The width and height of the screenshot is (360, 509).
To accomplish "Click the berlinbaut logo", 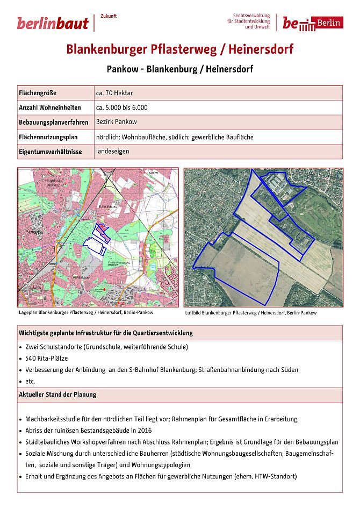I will [52, 23].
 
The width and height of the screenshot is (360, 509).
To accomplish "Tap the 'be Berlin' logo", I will [313, 23].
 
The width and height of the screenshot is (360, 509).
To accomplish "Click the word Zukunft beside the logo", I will [109, 16].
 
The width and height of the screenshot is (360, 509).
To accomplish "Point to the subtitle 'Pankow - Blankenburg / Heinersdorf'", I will [180, 69].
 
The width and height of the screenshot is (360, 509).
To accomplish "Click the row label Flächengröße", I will [38, 93].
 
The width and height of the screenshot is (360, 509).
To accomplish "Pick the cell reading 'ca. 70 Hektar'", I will [114, 93].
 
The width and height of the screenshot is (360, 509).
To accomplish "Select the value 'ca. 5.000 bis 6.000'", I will [121, 107].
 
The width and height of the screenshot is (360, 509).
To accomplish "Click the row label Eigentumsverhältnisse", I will [51, 152].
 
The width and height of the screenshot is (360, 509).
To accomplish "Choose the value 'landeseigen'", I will [111, 151].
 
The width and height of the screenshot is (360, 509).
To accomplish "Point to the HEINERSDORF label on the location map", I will [80, 278].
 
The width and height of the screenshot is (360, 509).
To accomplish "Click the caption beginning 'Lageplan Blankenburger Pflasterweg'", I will [86, 312].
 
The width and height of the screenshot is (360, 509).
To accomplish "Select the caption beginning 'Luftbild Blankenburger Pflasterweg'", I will [250, 312].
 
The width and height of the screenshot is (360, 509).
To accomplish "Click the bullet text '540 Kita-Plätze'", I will [47, 358].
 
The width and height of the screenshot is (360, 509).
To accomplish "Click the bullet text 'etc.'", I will [30, 381].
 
